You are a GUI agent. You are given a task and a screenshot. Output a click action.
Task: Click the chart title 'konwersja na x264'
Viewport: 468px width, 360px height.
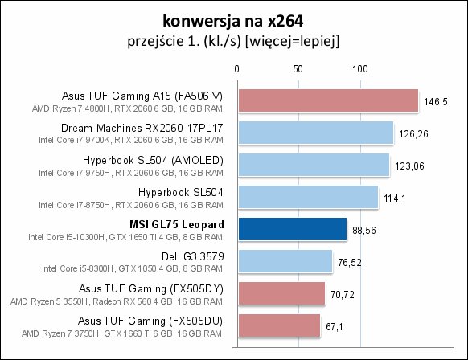(x=233, y=22)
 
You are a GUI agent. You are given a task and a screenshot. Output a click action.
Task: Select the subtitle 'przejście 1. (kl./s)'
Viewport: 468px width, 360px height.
(x=184, y=41)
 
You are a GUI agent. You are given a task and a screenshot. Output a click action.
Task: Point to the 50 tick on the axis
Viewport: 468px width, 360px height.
(x=298, y=69)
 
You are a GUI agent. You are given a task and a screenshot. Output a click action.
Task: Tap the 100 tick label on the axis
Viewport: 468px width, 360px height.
(x=360, y=69)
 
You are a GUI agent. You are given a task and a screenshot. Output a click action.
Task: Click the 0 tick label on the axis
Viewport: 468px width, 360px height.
(x=236, y=69)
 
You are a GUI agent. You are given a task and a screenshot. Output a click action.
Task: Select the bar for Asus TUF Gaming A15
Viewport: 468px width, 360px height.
(x=328, y=100)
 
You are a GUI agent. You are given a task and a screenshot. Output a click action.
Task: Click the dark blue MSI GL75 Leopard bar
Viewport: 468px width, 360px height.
(x=293, y=229)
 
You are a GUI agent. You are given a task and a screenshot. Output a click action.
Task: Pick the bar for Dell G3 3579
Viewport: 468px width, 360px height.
(x=285, y=261)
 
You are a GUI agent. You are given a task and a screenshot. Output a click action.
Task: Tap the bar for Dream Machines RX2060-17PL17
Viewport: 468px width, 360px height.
(x=316, y=133)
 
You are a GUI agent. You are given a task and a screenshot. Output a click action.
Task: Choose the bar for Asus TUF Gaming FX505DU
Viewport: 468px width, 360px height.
(x=279, y=325)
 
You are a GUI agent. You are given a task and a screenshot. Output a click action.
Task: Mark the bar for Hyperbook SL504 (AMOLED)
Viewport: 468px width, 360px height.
(x=314, y=165)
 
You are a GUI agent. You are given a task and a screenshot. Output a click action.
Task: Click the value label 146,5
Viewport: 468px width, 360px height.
(x=436, y=102)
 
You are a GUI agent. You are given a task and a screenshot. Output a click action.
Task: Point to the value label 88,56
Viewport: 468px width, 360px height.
(x=364, y=231)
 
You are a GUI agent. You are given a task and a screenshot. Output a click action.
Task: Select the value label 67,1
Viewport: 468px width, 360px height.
(x=335, y=327)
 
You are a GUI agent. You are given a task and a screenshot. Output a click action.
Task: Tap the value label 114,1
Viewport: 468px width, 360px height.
(x=395, y=198)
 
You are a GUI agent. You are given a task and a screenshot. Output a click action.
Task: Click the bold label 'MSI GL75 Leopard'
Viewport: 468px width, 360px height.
(x=177, y=224)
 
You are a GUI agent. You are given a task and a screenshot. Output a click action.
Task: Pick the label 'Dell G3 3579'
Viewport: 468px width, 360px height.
(x=193, y=256)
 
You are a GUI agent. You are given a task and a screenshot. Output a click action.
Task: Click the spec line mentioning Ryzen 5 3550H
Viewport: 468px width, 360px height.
(x=117, y=301)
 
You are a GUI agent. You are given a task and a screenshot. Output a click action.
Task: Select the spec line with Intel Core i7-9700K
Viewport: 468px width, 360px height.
(x=131, y=140)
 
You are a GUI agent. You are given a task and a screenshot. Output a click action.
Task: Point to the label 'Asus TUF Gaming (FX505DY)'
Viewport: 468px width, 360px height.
(x=151, y=289)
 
